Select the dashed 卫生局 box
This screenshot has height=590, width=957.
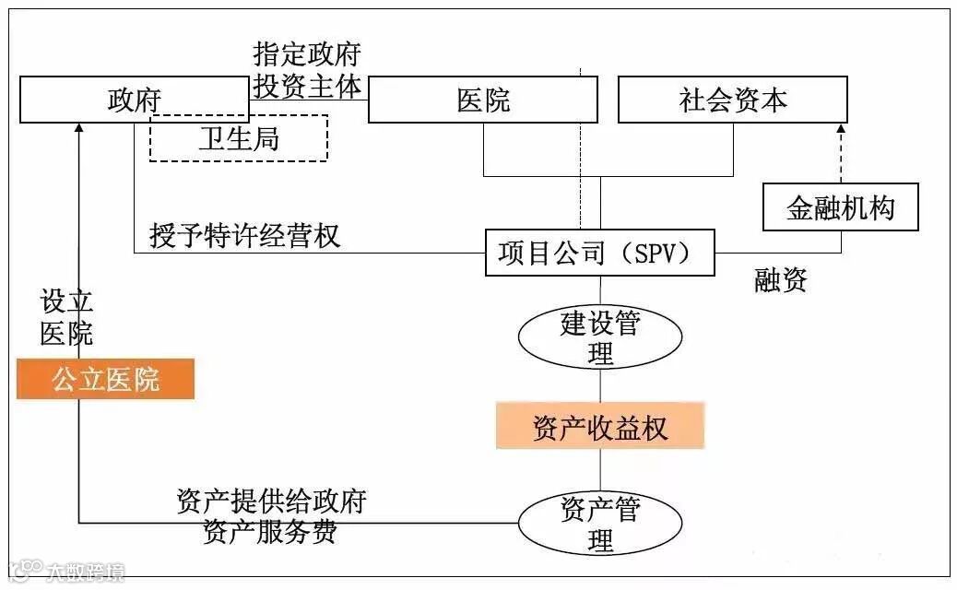[239, 138]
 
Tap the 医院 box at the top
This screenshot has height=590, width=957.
[482, 100]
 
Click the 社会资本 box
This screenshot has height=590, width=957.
[732, 100]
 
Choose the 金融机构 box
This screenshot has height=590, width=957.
[841, 206]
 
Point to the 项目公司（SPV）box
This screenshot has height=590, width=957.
[600, 252]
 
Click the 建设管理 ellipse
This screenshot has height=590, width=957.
[600, 337]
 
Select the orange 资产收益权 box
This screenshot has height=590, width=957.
[600, 426]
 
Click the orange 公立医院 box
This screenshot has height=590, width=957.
[105, 379]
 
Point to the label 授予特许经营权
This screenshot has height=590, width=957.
[244, 235]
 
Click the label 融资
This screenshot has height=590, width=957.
[781, 281]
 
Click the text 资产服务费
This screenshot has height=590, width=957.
[269, 532]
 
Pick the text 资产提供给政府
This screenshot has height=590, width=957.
[271, 501]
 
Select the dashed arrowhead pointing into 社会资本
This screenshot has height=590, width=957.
[841, 130]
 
